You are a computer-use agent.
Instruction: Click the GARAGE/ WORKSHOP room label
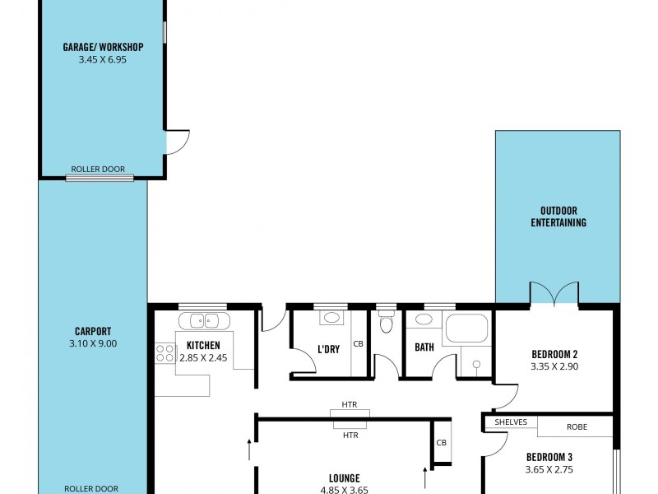(103, 47)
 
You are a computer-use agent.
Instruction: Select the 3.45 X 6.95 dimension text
(103, 59)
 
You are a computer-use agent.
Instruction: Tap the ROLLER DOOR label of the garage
(98, 170)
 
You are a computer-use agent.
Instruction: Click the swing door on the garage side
(177, 142)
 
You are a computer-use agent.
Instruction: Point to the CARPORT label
(92, 332)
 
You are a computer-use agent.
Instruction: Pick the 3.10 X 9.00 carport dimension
(92, 344)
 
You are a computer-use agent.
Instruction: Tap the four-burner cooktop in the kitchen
(164, 353)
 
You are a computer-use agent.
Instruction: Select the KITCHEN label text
(203, 346)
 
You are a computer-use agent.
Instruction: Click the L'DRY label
(328, 349)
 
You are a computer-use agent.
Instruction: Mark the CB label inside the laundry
(358, 344)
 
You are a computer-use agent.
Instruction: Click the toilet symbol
(386, 323)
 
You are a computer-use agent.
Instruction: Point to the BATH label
(424, 347)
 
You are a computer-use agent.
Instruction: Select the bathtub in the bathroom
(466, 329)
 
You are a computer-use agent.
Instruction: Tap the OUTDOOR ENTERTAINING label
(558, 217)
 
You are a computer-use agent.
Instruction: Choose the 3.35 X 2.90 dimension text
(555, 367)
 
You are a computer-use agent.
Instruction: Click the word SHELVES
(511, 422)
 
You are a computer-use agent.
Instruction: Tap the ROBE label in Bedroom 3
(577, 427)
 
